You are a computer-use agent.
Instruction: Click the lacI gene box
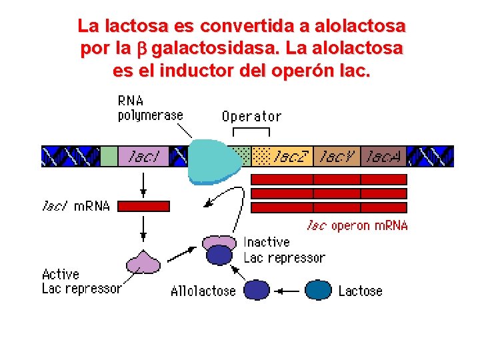[x=143, y=156]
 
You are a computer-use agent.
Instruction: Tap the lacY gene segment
[x=337, y=156]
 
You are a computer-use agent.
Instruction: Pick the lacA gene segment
[x=383, y=156]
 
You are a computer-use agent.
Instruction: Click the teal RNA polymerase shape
[x=212, y=161]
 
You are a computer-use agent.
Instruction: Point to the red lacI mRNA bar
[x=143, y=206]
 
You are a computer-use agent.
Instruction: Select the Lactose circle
[x=318, y=290]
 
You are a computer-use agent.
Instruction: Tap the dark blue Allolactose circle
[x=257, y=290]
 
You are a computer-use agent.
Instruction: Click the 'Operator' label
[x=251, y=117]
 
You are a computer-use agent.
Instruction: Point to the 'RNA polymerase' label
[x=150, y=108]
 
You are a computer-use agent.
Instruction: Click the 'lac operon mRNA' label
[x=357, y=225]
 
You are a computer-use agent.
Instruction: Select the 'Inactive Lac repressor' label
[x=284, y=250]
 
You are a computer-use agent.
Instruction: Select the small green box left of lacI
[x=109, y=156]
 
